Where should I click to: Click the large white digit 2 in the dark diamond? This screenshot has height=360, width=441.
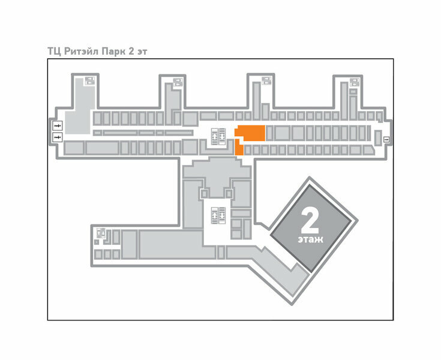pyautogui.click(x=310, y=221)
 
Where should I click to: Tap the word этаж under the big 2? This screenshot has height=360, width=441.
pyautogui.click(x=310, y=239)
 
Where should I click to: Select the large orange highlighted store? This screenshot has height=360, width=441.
pyautogui.click(x=250, y=132)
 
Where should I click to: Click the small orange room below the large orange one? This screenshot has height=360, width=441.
pyautogui.click(x=239, y=148)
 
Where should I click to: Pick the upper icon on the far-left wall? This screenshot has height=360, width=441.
pyautogui.click(x=58, y=125)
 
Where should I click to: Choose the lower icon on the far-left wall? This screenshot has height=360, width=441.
pyautogui.click(x=58, y=137)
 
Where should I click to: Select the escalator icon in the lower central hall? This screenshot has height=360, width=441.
pyautogui.click(x=217, y=214)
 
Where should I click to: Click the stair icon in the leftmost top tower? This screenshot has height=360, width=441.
pyautogui.click(x=89, y=80)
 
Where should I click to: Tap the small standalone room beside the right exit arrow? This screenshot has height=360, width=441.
pyautogui.click(x=376, y=139)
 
